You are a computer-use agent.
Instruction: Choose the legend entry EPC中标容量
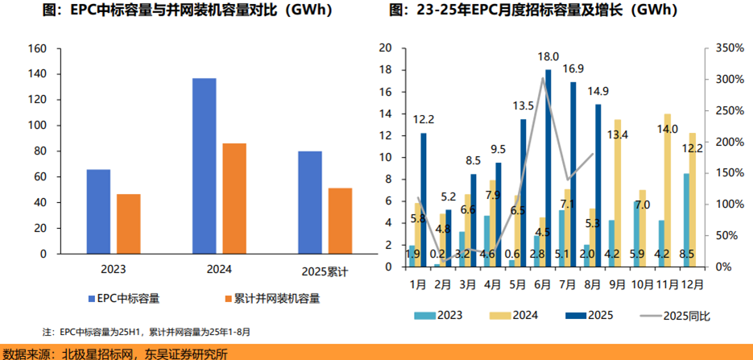[x=121, y=298]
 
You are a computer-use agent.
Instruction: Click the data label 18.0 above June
[x=548, y=57]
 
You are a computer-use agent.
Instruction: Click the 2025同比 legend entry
[x=676, y=315]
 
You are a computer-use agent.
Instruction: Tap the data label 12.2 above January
[x=423, y=119]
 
